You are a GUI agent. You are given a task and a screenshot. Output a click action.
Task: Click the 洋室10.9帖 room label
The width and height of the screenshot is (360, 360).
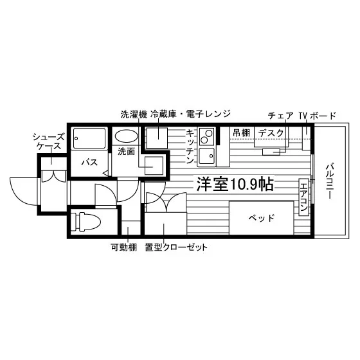click(x=235, y=184)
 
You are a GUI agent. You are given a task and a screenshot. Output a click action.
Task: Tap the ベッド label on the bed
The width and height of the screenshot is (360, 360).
click(x=262, y=218)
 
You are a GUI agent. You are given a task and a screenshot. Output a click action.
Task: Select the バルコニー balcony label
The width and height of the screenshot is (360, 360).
click(x=330, y=181)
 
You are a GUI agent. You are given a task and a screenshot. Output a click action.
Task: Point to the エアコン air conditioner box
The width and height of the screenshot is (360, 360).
click(x=303, y=197)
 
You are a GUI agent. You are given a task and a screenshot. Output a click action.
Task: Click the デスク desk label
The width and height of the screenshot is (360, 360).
click(x=271, y=133)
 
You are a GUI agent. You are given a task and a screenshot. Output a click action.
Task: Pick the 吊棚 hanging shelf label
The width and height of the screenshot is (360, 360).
click(x=241, y=132)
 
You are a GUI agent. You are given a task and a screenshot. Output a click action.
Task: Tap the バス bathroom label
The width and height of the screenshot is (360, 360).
click(x=89, y=162)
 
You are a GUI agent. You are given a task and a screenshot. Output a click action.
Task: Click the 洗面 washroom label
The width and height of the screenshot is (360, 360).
click(x=126, y=151)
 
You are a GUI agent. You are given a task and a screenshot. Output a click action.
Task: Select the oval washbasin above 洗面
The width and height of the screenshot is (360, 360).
click(x=126, y=136)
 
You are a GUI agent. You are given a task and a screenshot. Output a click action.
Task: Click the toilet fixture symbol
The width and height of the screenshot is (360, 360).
click(x=86, y=222)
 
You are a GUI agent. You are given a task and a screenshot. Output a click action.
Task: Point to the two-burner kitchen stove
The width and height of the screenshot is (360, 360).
click(x=206, y=136)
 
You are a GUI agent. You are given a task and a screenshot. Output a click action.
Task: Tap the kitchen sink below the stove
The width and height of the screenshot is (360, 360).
click(x=206, y=156)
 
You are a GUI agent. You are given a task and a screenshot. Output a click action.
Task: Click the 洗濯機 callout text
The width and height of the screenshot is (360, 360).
click(x=134, y=114)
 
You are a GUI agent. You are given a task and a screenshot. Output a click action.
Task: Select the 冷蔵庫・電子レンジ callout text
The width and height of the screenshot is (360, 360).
click(x=190, y=114)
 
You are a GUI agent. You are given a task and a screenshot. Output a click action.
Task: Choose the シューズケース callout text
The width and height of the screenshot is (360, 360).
click(x=49, y=141)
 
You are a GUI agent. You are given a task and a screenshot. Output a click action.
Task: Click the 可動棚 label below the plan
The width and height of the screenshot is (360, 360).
click(x=123, y=248)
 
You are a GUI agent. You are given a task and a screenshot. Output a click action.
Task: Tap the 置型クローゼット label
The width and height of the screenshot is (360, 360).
click(x=176, y=248)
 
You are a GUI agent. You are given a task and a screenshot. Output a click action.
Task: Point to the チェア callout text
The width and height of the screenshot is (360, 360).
click(x=280, y=116)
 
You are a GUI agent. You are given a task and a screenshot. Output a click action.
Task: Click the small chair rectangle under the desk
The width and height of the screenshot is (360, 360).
click(x=271, y=152)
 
